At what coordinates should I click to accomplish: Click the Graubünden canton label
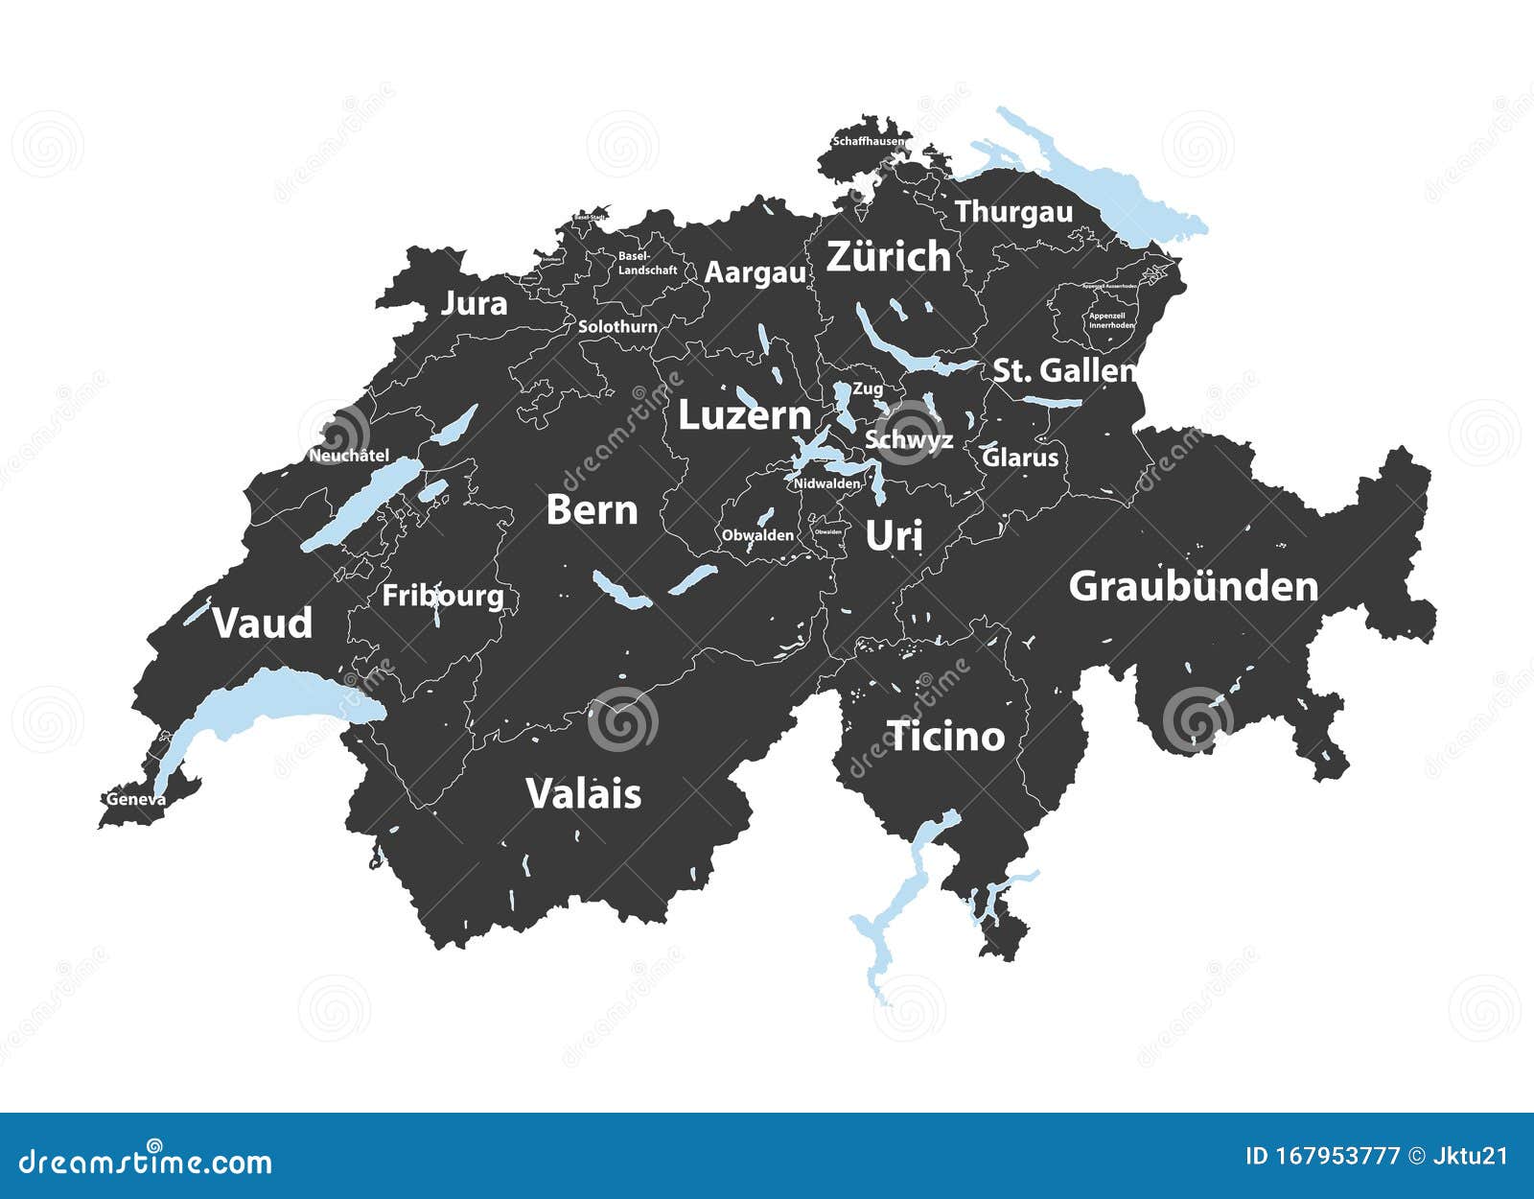tap(1193, 587)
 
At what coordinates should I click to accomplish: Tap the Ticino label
tap(946, 737)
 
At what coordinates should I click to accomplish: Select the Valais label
tap(583, 794)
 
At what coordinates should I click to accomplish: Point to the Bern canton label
tap(592, 510)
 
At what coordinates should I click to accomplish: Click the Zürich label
tap(888, 257)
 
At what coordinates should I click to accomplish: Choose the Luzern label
tap(744, 416)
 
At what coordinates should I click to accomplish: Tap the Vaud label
tap(262, 623)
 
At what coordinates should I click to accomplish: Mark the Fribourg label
tap(442, 596)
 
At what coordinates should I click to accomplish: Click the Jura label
tap(474, 304)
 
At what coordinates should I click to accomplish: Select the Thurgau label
tap(1013, 212)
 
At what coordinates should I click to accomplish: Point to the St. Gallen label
tap(1063, 370)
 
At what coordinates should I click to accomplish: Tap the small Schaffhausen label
tap(868, 141)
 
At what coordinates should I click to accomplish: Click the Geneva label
tap(135, 799)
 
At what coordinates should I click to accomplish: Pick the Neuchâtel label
tap(348, 457)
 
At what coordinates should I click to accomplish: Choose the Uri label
tap(894, 536)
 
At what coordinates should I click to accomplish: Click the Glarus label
tap(1021, 458)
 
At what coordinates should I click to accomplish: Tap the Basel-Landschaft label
tap(647, 264)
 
